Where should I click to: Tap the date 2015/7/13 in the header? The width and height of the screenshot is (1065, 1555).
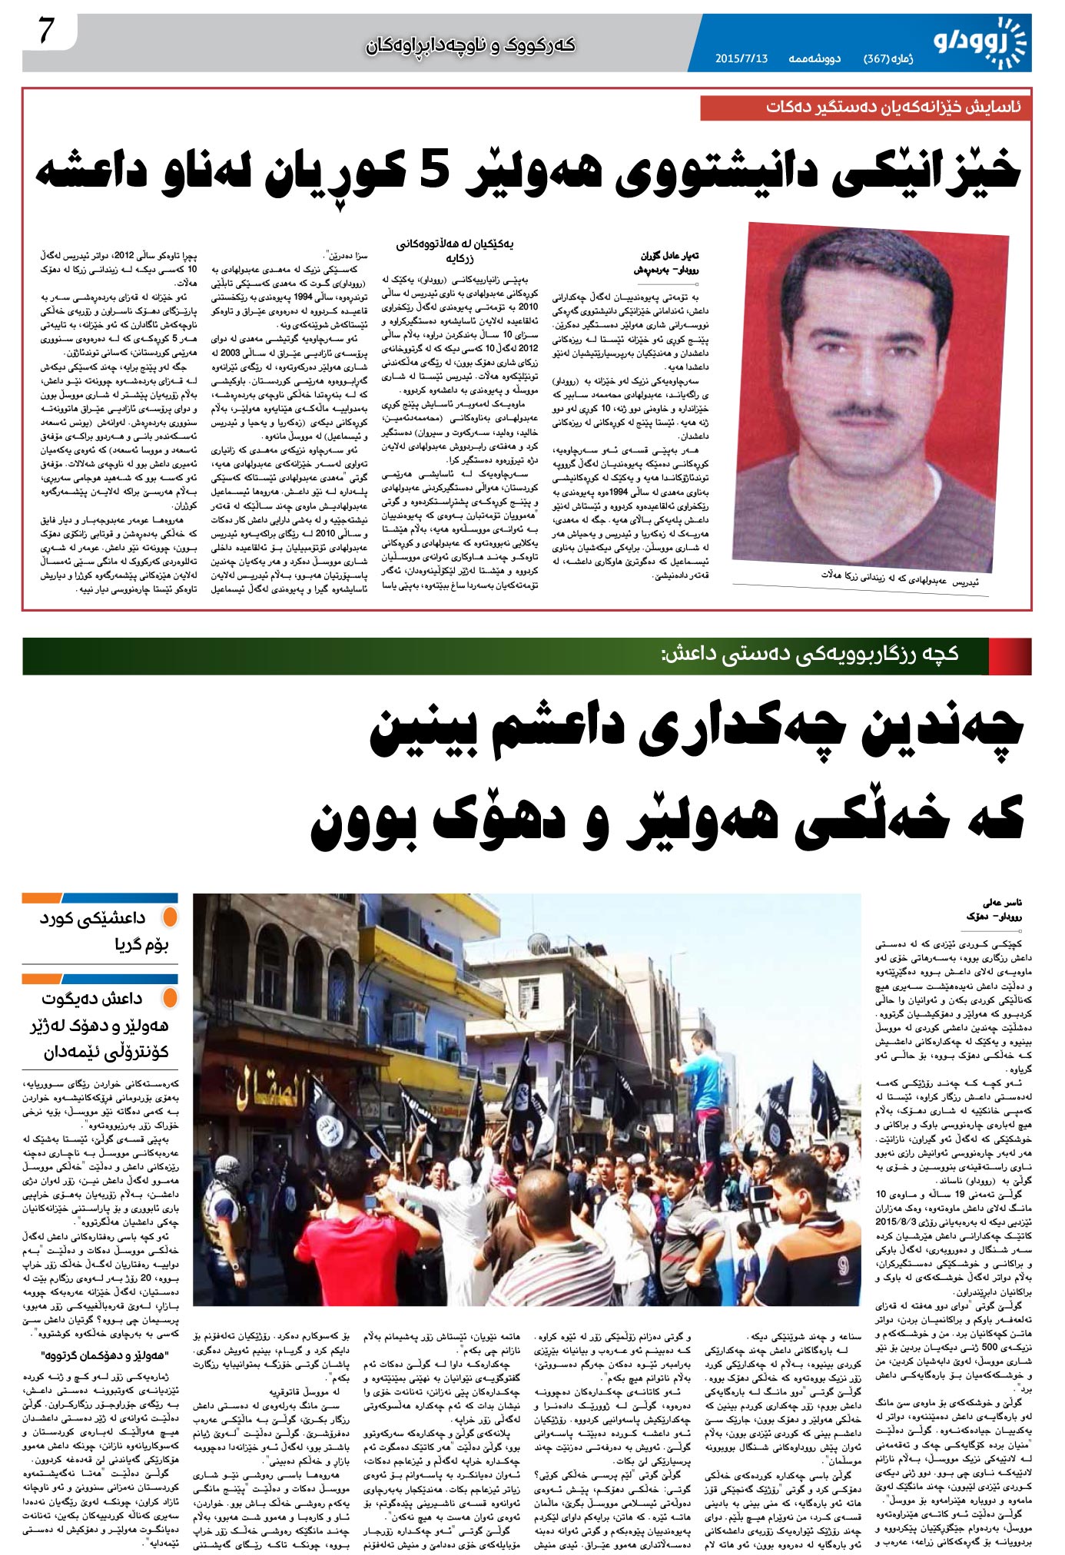tap(742, 58)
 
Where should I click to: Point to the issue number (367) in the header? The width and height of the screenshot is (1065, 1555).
tap(878, 58)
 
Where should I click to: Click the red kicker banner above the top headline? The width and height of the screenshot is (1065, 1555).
tap(865, 108)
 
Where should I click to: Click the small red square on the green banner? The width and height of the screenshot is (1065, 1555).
tap(1010, 655)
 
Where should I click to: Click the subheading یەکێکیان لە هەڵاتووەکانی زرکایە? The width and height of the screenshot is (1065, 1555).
tap(455, 251)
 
